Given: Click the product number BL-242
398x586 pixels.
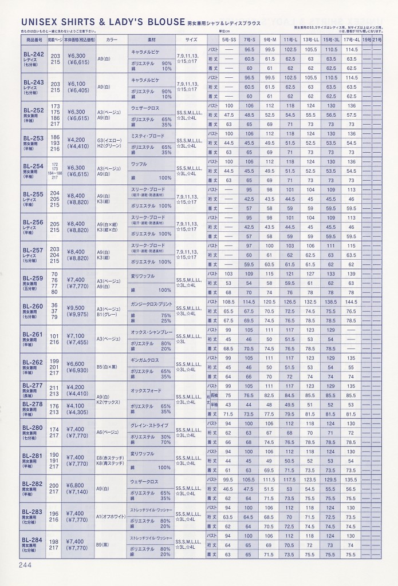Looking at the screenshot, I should (x=32, y=54).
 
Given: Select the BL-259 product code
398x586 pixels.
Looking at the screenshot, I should (x=32, y=278).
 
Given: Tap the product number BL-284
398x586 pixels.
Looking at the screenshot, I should (x=32, y=540).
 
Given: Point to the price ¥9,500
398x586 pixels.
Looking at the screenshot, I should (x=76, y=307).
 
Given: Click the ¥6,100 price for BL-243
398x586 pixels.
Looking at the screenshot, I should (x=76, y=84).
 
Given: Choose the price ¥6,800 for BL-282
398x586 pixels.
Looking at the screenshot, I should (x=76, y=484).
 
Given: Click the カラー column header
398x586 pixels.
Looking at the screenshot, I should (x=112, y=41).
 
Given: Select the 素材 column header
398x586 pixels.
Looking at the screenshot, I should (x=152, y=41).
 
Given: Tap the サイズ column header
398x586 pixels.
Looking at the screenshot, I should (x=191, y=41).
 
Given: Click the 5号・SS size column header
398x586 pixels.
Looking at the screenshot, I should (x=229, y=41).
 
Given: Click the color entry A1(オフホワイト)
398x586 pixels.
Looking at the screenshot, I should (x=112, y=516).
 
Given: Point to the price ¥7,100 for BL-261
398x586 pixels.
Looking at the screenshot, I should (x=76, y=335).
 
